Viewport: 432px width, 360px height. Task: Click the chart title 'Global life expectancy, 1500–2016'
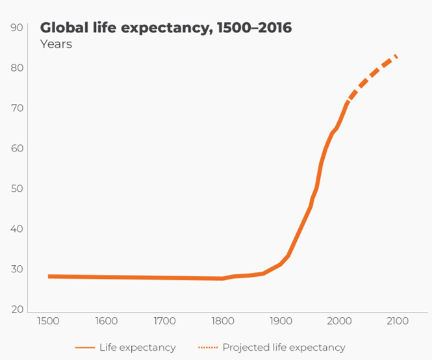(x=166, y=27)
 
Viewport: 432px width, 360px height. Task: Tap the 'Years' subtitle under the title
(x=56, y=44)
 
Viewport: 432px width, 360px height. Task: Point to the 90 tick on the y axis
(x=17, y=27)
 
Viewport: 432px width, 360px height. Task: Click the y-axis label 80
(x=17, y=68)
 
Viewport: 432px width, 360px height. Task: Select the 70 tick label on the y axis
(x=17, y=108)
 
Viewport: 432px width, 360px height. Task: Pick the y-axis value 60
(x=17, y=148)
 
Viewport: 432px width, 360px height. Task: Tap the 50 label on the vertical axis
(x=17, y=188)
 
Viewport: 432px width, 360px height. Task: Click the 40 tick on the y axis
(x=17, y=229)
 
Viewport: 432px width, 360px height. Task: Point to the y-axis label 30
(x=17, y=269)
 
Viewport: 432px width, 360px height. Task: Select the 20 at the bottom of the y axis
(x=17, y=309)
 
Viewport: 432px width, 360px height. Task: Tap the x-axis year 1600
(x=106, y=321)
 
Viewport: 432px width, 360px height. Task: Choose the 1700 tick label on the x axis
(x=164, y=321)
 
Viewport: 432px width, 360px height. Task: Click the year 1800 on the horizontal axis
(x=222, y=321)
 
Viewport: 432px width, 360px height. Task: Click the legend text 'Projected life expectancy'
(x=284, y=348)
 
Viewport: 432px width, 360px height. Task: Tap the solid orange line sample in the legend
(x=84, y=348)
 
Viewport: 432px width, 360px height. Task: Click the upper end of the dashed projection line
(x=396, y=56)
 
